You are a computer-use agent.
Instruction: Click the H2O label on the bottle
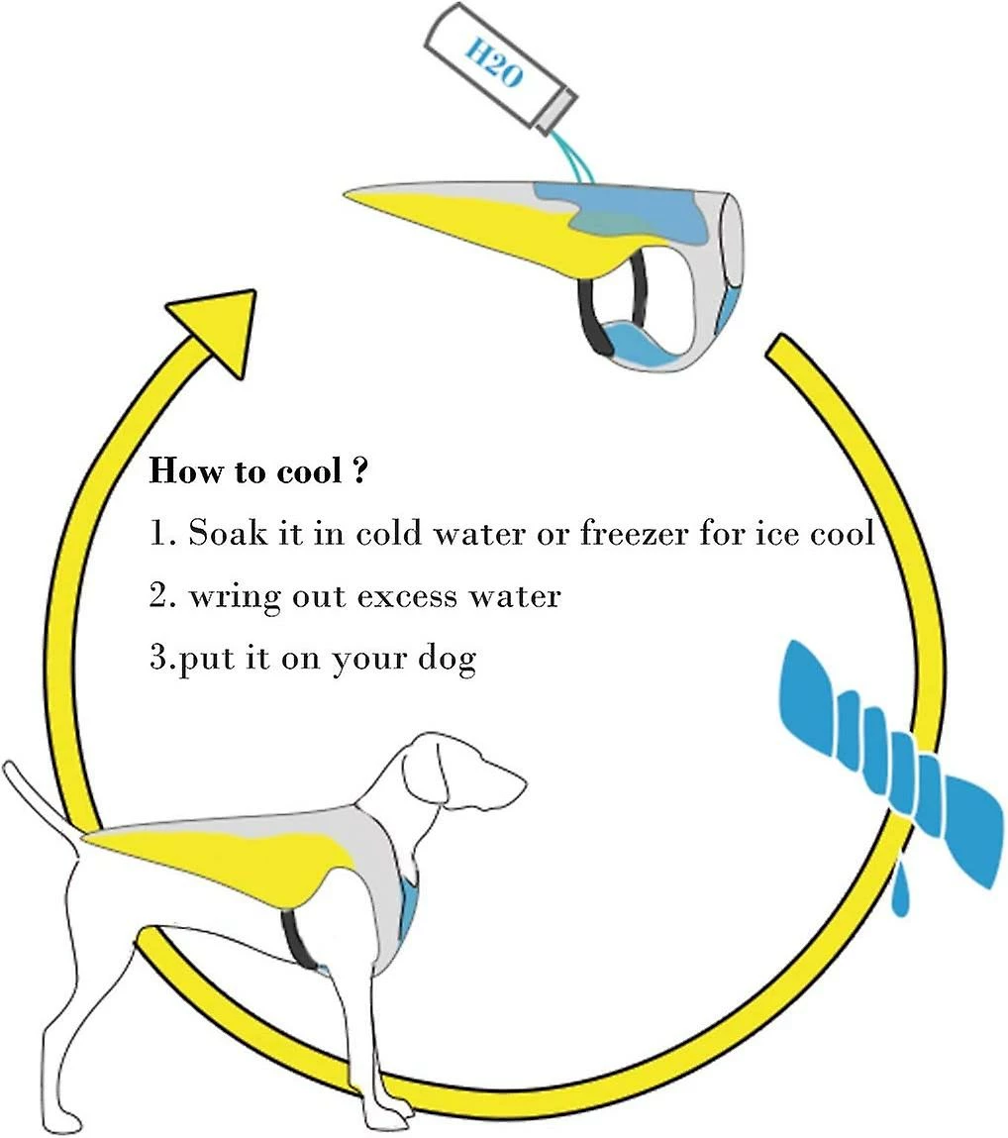[493, 63]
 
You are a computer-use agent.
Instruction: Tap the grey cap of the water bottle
[555, 113]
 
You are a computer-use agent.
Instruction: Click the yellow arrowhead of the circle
[217, 329]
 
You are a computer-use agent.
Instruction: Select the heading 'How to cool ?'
[258, 471]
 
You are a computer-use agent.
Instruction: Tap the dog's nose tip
[522, 782]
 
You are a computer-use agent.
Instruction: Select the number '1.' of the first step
[160, 534]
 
